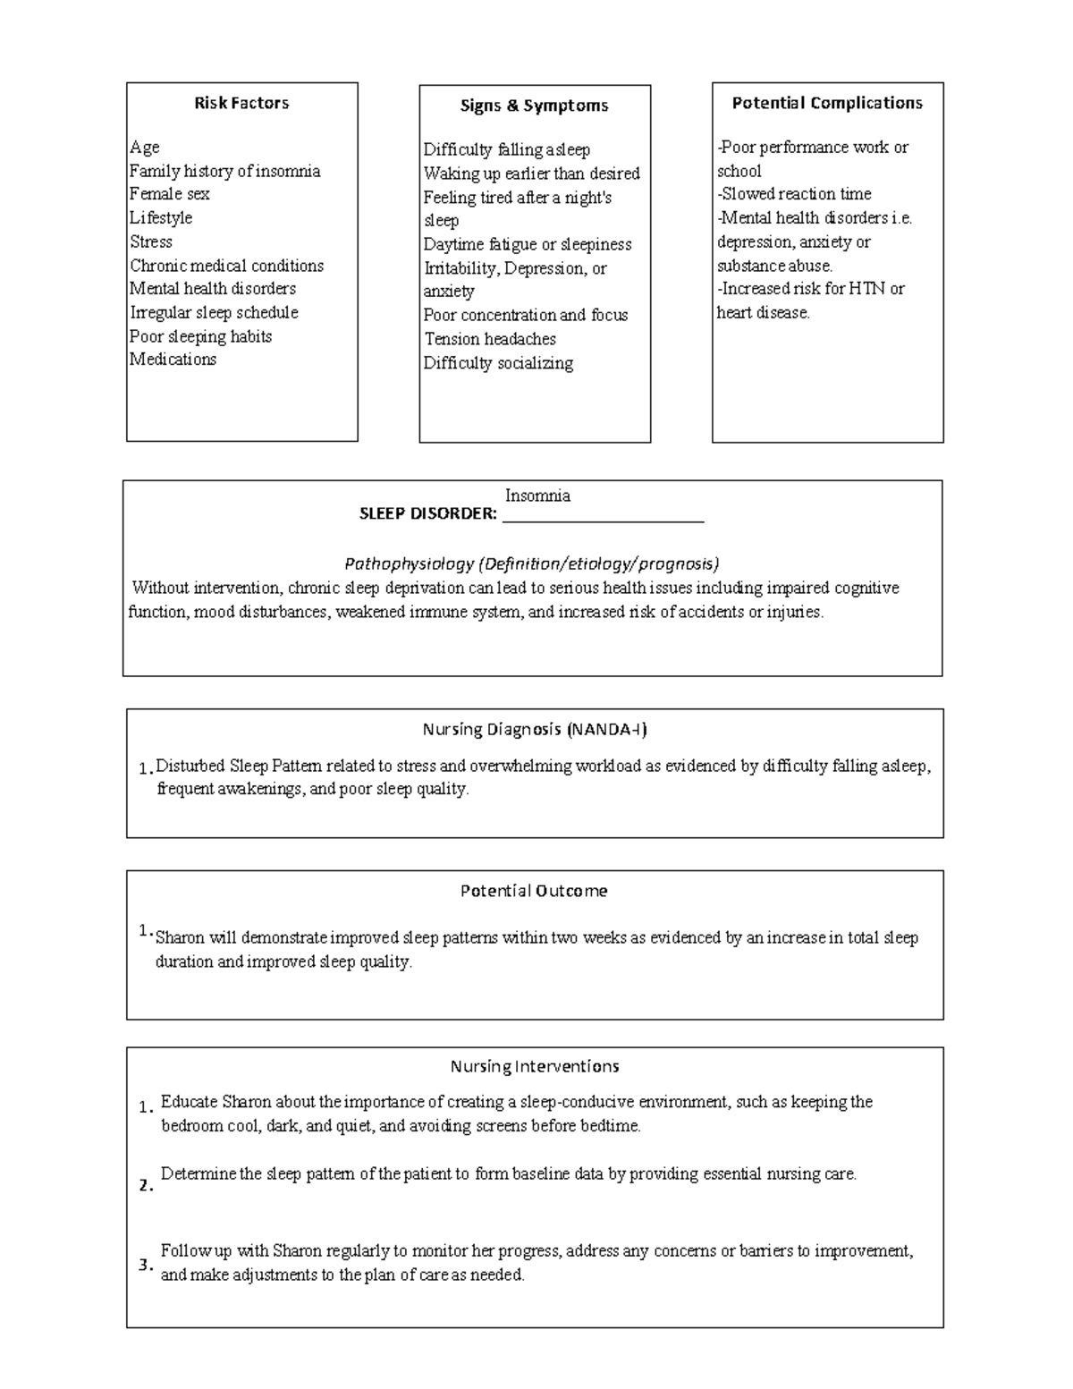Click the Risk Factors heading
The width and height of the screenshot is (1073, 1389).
pos(241,103)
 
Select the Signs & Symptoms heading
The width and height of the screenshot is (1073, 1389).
pos(534,106)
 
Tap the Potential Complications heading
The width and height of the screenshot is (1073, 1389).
pos(827,103)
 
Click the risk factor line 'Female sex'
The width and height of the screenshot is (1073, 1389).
pos(170,194)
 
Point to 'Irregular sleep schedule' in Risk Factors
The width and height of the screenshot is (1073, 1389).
pos(214,313)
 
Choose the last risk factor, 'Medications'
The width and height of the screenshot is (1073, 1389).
pos(173,360)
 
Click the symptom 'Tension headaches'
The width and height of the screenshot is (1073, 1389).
pos(490,339)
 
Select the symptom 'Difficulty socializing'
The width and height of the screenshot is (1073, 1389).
pos(498,363)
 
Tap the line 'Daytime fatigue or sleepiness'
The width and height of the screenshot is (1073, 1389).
pos(528,244)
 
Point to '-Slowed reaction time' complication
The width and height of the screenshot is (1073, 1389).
pos(794,194)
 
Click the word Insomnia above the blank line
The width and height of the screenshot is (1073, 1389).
pos(537,495)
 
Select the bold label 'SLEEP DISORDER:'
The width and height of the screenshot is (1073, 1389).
pos(427,514)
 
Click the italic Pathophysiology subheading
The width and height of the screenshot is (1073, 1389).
pos(532,563)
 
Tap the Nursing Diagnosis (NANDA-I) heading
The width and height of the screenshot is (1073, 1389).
pos(535,729)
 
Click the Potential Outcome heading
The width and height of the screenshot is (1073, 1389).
pos(534,891)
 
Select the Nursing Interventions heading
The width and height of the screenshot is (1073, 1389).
pos(535,1066)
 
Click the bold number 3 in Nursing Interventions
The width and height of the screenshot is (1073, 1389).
pos(144,1266)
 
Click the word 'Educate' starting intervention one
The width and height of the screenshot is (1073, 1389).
pos(189,1102)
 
